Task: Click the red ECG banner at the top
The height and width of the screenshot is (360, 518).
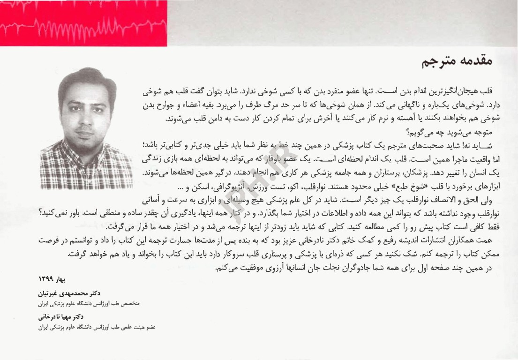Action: pyautogui.click(x=83, y=22)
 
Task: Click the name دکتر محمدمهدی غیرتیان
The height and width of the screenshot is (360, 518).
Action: pyautogui.click(x=70, y=292)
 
